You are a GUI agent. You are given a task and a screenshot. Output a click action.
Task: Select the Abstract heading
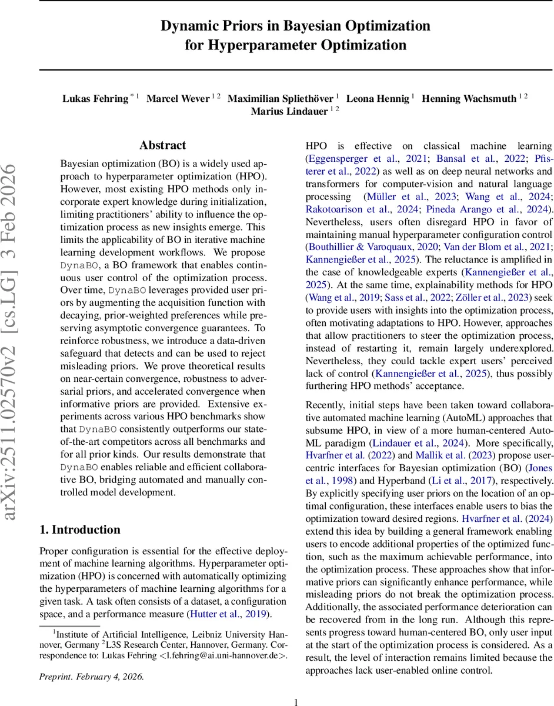(x=162, y=145)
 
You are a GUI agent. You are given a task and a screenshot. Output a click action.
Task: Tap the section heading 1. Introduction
(x=80, y=529)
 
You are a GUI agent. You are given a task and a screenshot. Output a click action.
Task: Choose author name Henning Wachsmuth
(x=469, y=98)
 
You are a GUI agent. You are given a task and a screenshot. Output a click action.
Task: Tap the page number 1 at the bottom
(x=296, y=701)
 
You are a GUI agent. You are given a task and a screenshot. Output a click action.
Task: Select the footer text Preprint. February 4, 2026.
(x=91, y=676)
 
